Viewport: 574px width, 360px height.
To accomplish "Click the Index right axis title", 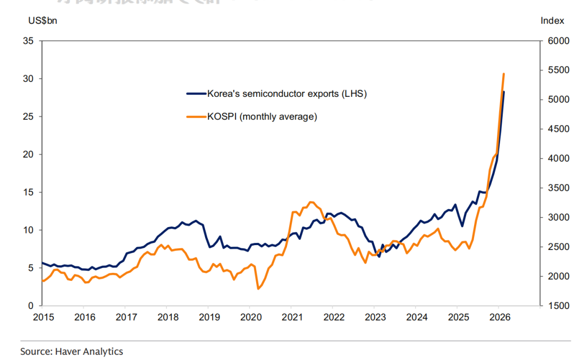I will pos(552,20).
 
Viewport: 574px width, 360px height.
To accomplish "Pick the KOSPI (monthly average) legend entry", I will pos(261,116).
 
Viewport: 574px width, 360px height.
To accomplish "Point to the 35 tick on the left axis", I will pos(28,41).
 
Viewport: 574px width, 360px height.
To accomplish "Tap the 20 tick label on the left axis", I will pos(28,154).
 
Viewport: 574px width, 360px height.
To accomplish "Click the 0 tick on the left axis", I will pos(31,306).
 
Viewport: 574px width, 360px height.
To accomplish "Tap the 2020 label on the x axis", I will pos(251,318).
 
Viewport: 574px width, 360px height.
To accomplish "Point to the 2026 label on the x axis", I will pos(500,318).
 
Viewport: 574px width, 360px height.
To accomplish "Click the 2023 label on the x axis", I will pos(375,318).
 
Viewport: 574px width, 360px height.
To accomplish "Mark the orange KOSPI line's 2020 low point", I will pos(258,289).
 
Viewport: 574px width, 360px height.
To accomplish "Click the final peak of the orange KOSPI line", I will pos(503,74).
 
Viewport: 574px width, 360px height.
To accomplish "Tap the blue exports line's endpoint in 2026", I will pos(504,92).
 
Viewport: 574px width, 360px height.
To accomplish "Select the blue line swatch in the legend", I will pos(196,94).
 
